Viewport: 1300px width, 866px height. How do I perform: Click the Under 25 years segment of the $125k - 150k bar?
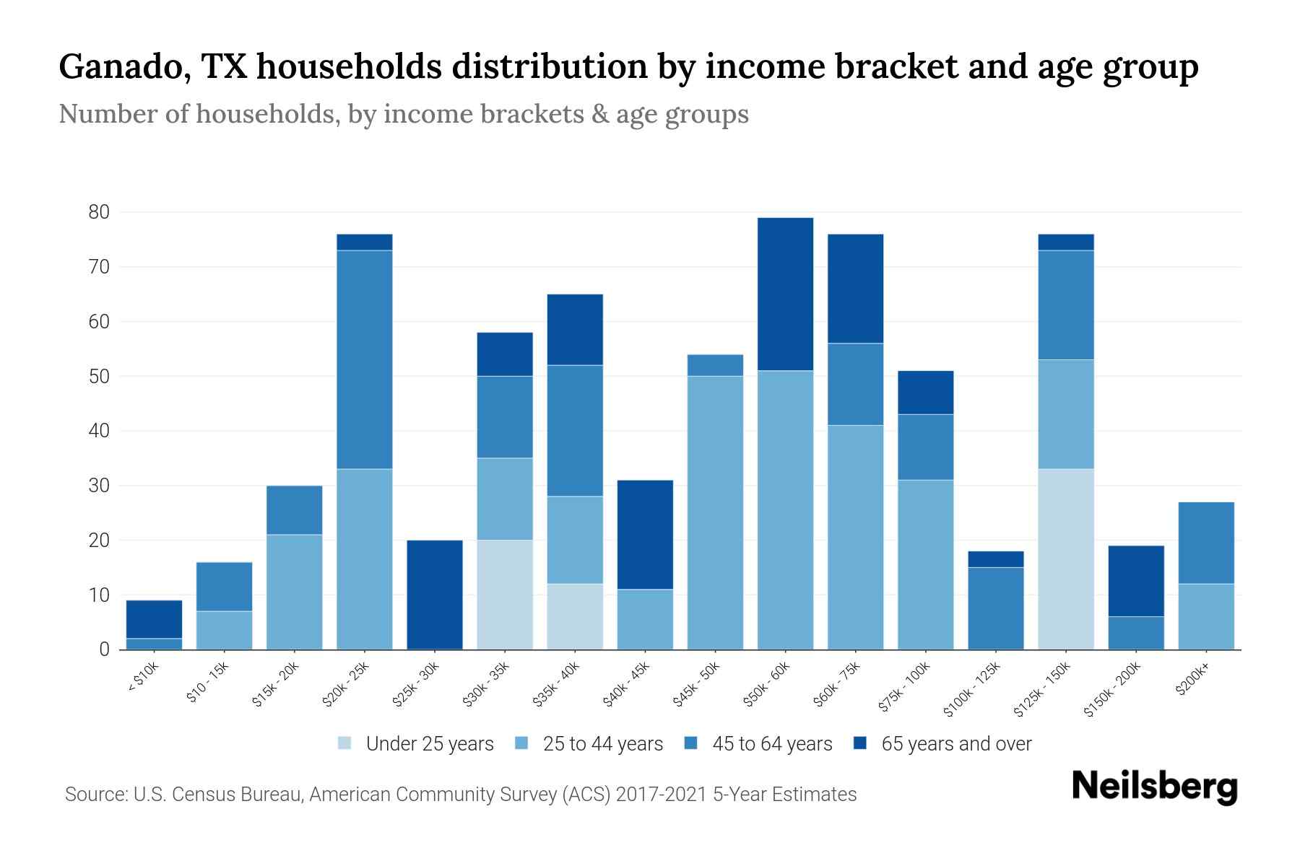point(1065,559)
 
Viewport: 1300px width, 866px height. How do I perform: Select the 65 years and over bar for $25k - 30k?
point(435,595)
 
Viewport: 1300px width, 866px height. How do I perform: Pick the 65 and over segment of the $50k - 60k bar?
point(785,294)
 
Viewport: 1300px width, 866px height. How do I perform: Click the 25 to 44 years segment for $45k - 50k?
point(715,512)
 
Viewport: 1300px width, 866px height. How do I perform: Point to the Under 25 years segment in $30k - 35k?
point(505,595)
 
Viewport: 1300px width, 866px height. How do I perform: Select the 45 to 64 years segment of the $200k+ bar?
point(1205,543)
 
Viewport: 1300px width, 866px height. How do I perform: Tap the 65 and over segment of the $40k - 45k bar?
point(645,535)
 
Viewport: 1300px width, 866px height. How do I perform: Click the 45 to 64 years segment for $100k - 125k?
point(995,608)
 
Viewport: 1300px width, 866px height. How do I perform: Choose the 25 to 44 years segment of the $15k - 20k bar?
point(295,592)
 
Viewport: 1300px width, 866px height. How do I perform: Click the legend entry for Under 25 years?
point(415,744)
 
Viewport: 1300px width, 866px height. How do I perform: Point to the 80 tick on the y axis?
point(99,212)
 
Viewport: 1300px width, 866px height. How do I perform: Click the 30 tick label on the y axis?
point(99,486)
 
